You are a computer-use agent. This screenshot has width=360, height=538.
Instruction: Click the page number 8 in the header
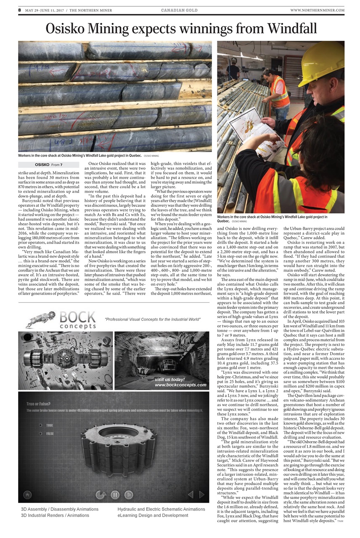click(x=19, y=10)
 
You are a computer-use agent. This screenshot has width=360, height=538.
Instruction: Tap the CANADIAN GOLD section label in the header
click(x=180, y=10)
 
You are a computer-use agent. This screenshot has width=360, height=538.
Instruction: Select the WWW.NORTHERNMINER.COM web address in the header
click(x=317, y=10)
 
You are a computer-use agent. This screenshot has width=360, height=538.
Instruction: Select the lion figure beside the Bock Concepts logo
click(x=40, y=319)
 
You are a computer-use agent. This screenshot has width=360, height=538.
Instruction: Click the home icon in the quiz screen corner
click(x=27, y=495)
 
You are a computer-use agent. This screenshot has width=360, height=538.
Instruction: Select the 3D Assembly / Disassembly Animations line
click(x=60, y=509)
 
